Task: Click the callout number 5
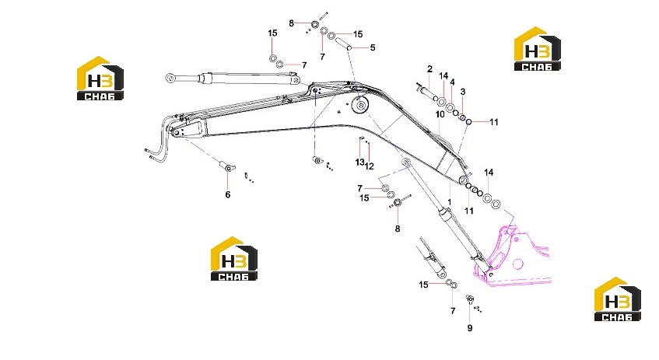tap(373, 48)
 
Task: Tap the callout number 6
tap(228, 194)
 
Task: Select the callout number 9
tap(470, 328)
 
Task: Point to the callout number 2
tap(429, 69)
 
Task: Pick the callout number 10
tap(440, 114)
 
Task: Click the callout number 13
tap(359, 163)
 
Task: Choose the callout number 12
tap(370, 166)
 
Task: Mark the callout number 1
tap(449, 202)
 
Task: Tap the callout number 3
tap(463, 92)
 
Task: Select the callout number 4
tap(452, 82)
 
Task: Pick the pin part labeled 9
tap(470, 299)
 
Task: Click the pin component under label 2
tap(426, 92)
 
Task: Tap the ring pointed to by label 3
tap(462, 117)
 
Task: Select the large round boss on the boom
tap(359, 105)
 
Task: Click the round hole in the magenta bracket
tap(518, 264)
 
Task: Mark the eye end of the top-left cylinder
tap(170, 78)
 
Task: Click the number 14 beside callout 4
tap(443, 76)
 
